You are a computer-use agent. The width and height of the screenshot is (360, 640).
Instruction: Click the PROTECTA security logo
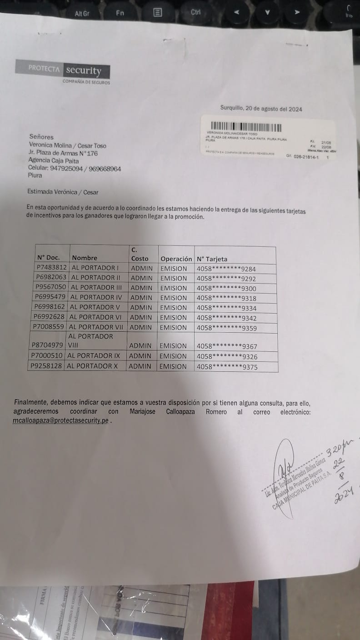[63, 70]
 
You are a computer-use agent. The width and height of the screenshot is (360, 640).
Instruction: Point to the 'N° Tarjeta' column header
[212, 259]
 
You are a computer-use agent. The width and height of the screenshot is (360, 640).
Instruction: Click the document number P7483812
[52, 268]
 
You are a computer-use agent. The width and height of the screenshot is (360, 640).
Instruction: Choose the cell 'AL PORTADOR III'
[96, 287]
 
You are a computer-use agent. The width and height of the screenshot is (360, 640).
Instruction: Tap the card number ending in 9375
[226, 367]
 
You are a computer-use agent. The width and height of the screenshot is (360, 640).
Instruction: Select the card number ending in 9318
[226, 298]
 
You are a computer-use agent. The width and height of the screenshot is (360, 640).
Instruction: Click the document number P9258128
[46, 366]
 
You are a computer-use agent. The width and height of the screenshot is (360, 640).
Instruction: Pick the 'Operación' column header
[176, 259]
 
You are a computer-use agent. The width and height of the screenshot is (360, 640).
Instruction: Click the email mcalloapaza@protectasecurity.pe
[61, 421]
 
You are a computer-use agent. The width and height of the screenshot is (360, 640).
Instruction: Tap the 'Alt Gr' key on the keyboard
[82, 13]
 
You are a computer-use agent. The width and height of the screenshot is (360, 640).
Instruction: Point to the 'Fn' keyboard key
[120, 13]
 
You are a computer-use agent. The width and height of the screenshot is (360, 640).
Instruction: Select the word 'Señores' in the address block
[41, 137]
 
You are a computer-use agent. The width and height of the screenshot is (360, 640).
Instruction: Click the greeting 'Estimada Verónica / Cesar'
[63, 192]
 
